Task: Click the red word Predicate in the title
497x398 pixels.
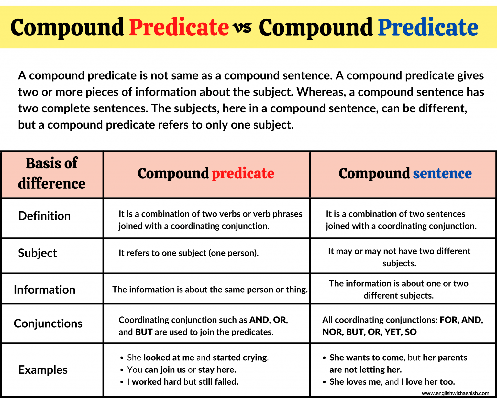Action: (179, 27)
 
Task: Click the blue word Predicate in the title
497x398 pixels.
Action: (428, 27)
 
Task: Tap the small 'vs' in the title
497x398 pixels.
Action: (243, 28)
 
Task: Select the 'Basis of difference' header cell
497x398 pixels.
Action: (52, 174)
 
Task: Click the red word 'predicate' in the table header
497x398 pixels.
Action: (243, 174)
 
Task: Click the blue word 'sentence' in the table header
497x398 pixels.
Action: (442, 174)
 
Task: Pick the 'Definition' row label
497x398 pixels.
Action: (44, 216)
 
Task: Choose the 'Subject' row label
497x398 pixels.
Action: (38, 253)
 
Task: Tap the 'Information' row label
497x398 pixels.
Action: (44, 290)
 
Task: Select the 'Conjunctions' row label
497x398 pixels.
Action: (48, 324)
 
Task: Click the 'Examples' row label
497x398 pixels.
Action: (43, 370)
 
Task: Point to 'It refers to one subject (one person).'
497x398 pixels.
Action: (189, 253)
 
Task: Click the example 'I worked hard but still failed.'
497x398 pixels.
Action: (182, 382)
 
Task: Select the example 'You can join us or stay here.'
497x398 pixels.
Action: (182, 370)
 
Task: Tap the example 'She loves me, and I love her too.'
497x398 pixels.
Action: (392, 382)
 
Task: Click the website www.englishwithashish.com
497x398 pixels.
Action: (455, 393)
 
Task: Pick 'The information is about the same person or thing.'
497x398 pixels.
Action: (210, 290)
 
